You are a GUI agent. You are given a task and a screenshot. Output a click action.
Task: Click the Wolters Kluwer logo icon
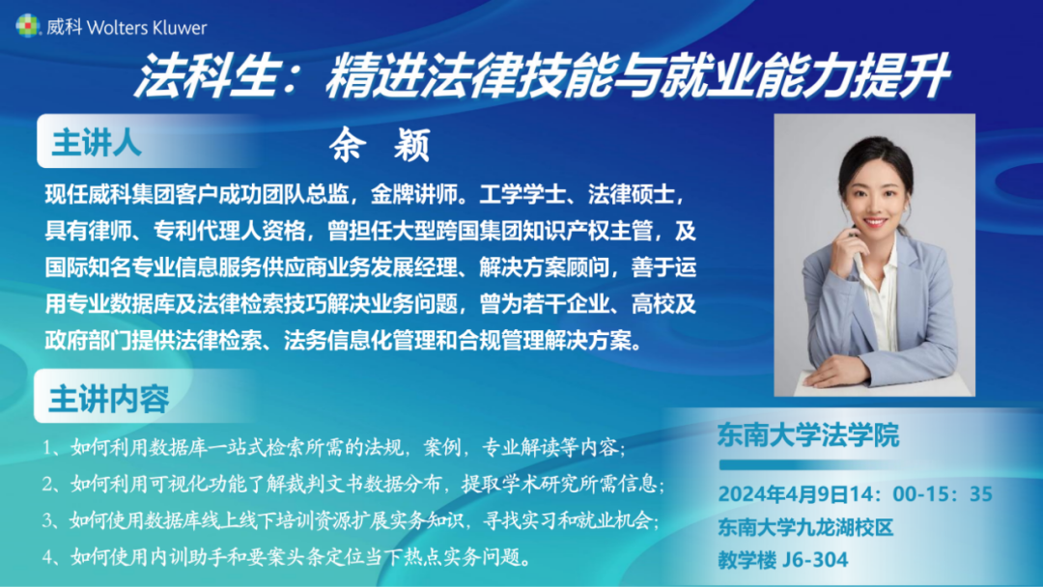pos(28,26)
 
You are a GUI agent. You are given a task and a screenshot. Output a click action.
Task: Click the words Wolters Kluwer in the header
pos(147,27)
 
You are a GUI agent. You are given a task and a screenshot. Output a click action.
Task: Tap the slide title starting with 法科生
pos(542,75)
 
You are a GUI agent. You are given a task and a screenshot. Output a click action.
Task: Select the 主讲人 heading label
pos(97,142)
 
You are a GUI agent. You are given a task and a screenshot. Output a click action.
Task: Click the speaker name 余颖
pos(381,144)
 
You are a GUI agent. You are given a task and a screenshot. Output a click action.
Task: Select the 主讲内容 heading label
pos(109,399)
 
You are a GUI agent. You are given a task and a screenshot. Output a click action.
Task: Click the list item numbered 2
pos(353,484)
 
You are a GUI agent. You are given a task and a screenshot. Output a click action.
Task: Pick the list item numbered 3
pos(351,519)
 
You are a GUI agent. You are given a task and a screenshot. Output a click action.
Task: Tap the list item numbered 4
pos(288,556)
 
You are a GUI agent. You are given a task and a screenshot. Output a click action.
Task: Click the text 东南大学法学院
pos(808,435)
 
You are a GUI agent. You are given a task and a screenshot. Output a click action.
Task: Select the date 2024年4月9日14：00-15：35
pos(856,494)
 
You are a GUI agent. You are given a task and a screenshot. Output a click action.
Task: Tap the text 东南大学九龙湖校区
pos(805,528)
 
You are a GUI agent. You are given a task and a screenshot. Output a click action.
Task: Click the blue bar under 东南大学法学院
pos(809,464)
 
